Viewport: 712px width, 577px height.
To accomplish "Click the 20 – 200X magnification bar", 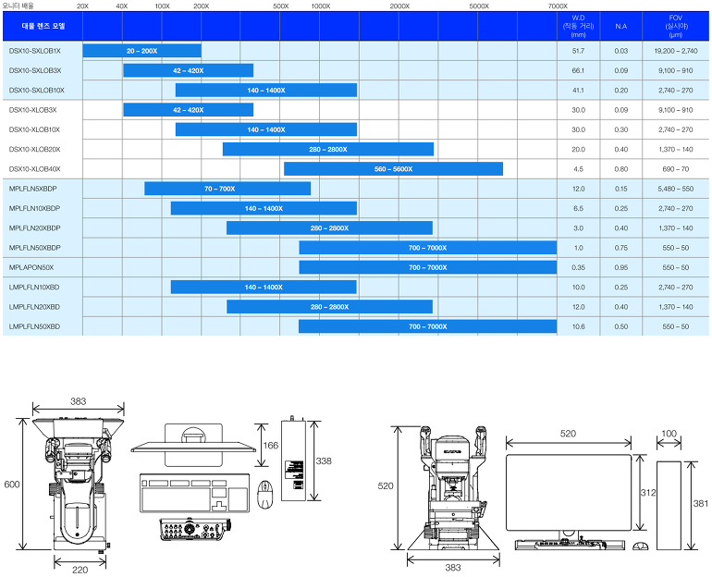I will [141, 51].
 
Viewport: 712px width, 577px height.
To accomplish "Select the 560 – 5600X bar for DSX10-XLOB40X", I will [393, 169].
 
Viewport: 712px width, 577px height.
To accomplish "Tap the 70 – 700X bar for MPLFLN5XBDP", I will [227, 189].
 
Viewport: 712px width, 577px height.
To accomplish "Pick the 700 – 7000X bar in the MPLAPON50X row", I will [427, 267].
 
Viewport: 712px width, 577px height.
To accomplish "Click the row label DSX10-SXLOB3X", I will [35, 70].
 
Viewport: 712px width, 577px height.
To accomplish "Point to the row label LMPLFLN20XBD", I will [34, 306].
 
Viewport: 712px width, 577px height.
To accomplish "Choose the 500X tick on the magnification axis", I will [281, 6].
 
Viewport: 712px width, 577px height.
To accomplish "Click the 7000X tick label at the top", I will [557, 6].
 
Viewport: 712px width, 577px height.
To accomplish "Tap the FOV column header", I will [676, 26].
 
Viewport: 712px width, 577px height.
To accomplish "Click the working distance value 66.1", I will [579, 70].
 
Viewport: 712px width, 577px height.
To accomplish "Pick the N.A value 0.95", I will [620, 267].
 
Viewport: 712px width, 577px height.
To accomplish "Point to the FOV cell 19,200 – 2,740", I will [676, 51].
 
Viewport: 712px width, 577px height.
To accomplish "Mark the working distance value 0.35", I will [579, 267].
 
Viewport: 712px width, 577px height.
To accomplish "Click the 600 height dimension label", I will [11, 485].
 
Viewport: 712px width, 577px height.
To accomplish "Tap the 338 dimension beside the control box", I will [324, 460].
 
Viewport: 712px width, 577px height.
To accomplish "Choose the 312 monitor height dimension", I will [647, 493].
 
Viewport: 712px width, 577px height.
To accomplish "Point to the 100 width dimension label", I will [669, 433].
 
